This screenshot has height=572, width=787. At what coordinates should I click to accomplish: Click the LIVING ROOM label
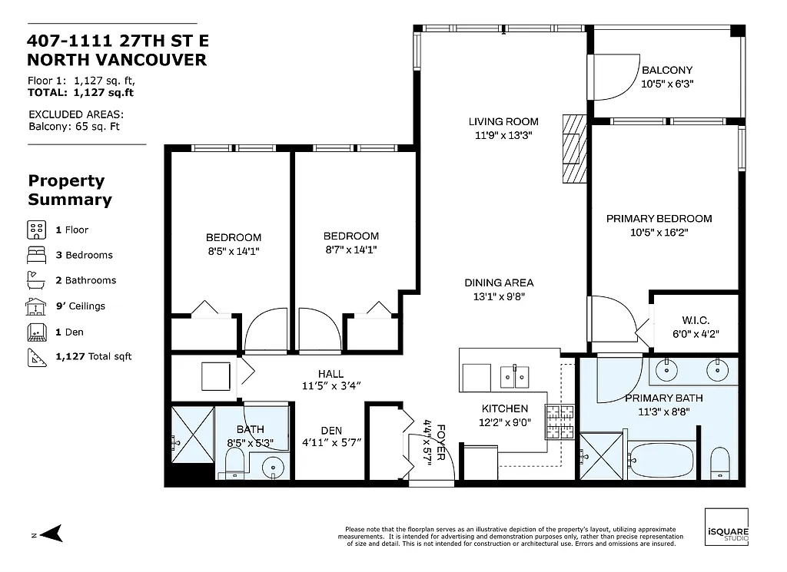tap(503, 121)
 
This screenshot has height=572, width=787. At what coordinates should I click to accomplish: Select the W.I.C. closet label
tap(695, 320)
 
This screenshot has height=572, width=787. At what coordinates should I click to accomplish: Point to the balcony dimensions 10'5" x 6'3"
tap(667, 84)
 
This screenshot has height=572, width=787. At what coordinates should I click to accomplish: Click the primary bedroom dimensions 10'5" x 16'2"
tap(659, 232)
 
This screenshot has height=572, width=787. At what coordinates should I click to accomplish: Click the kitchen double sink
tap(513, 376)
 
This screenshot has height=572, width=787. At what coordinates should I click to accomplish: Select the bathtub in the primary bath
tap(661, 460)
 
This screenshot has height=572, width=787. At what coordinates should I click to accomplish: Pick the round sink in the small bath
tap(273, 466)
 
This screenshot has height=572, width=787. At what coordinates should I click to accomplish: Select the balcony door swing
tap(616, 77)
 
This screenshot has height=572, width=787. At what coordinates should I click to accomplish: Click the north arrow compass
tap(51, 534)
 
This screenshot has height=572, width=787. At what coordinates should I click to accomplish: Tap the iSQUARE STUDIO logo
tap(726, 528)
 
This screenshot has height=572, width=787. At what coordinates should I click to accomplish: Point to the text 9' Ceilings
tap(80, 306)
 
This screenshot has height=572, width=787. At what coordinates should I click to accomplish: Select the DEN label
tap(332, 431)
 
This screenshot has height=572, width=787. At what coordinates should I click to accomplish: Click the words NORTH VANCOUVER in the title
tap(117, 60)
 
